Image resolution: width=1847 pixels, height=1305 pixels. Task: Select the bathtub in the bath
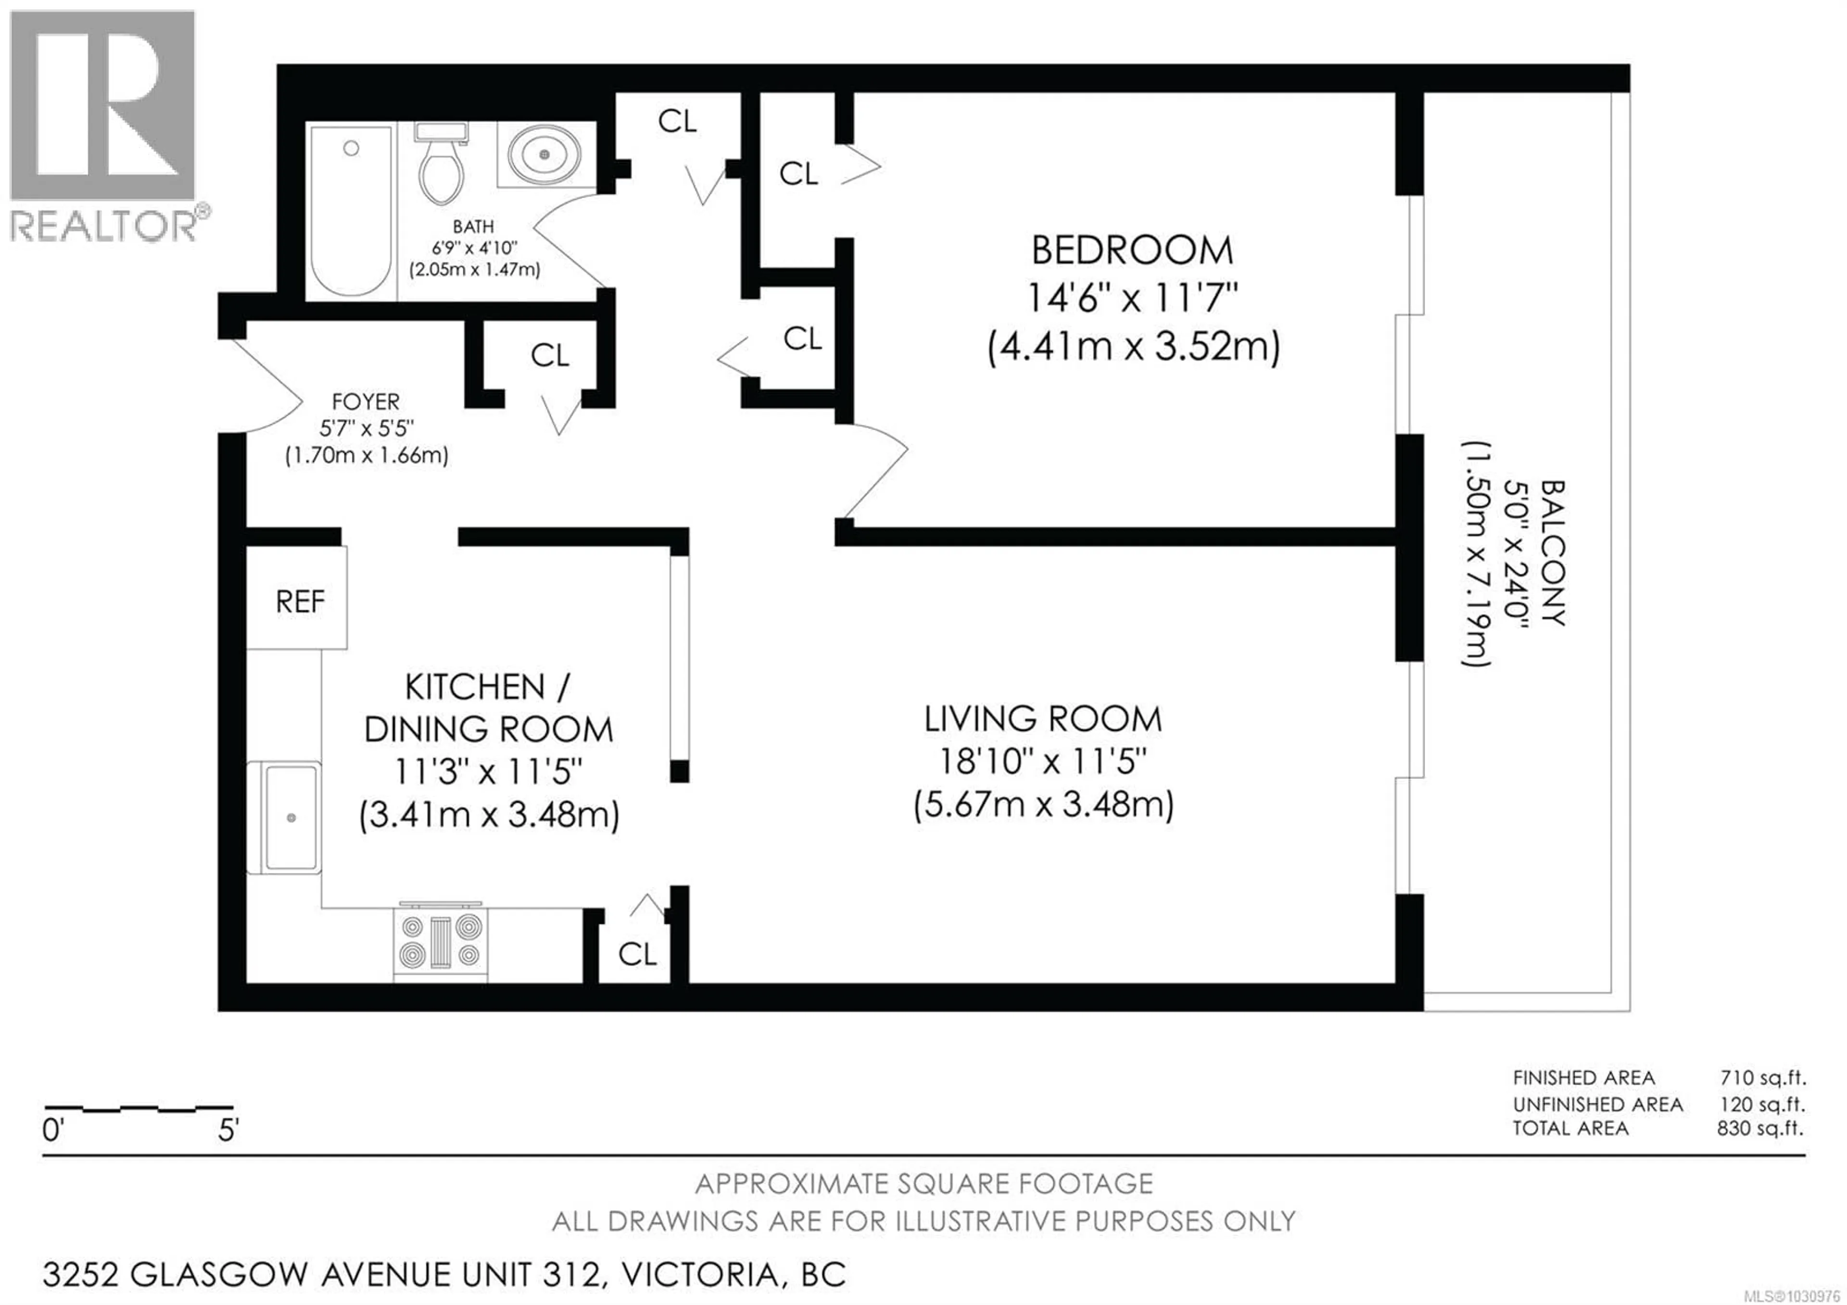click(351, 211)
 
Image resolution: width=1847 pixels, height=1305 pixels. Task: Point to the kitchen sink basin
click(291, 818)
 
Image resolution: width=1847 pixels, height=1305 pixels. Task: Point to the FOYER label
click(366, 401)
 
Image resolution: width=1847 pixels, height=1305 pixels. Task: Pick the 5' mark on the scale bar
click(228, 1130)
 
